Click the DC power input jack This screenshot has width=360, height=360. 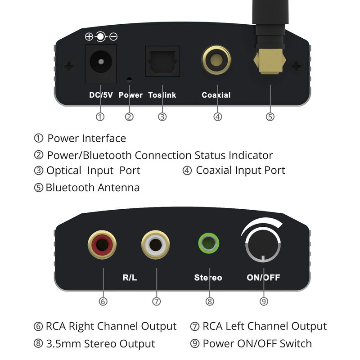(100, 63)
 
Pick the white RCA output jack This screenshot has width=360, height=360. (157, 246)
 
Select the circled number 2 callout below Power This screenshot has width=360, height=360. (129, 117)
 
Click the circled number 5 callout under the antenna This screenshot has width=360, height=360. (270, 117)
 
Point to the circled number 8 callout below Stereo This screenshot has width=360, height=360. (209, 301)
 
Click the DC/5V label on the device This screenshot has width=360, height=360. (101, 95)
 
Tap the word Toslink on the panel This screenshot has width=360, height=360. (162, 95)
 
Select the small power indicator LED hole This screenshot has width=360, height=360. (130, 80)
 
